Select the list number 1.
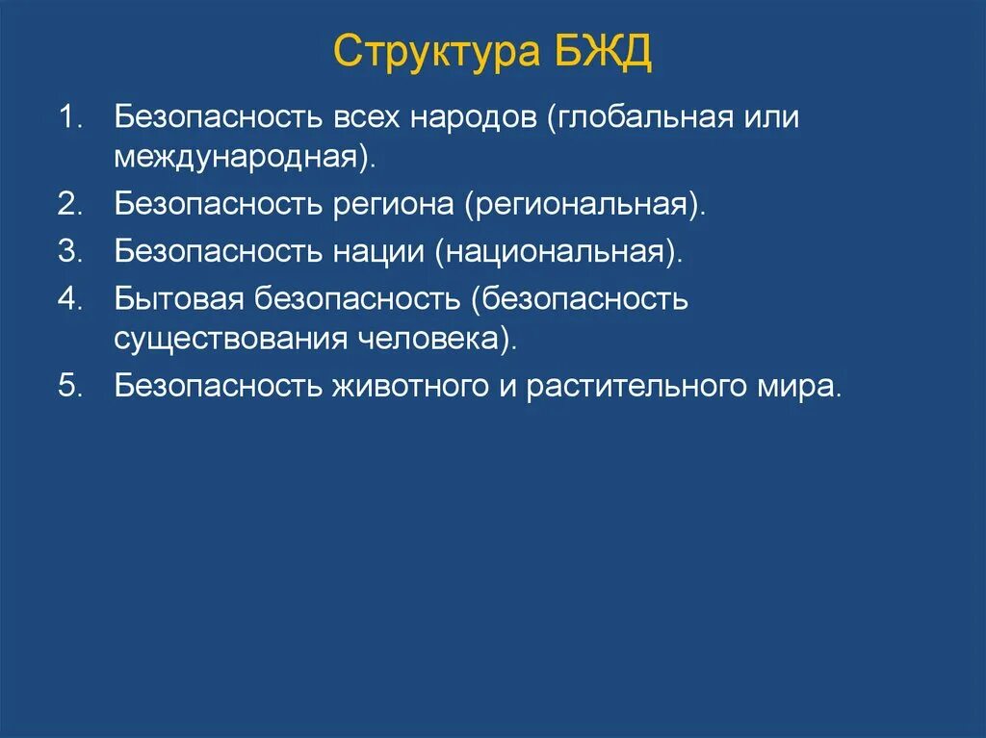tap(70, 119)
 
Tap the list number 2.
tap(70, 204)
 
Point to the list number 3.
tap(70, 251)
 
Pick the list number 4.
tap(70, 298)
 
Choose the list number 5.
tap(70, 386)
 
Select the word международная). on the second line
tap(244, 157)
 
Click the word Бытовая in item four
tap(180, 298)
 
